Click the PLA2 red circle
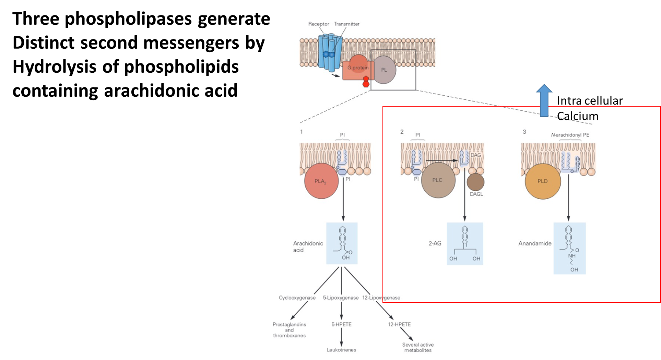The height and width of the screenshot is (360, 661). tap(321, 181)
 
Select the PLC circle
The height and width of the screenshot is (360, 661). tap(438, 180)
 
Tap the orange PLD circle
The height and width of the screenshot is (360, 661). tap(543, 181)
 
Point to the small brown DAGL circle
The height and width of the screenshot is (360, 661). tap(475, 182)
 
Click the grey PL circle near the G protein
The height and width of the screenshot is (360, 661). tap(384, 70)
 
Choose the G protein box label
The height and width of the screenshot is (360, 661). tap(358, 68)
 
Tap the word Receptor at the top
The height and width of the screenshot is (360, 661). tap(318, 24)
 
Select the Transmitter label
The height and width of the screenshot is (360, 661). tap(346, 24)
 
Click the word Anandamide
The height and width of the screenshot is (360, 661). tap(535, 243)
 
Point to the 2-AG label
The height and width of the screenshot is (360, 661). tap(435, 243)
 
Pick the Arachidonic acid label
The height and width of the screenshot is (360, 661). tap(308, 247)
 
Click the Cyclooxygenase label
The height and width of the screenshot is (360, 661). tap(297, 298)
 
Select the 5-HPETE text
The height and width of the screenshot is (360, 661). tap(341, 324)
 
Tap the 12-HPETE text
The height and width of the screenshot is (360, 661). tap(399, 324)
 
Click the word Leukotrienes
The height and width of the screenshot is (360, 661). tap(341, 350)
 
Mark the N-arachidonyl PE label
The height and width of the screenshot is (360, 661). tap(570, 135)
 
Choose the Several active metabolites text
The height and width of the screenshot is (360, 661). tap(418, 347)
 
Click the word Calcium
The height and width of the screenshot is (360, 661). tap(577, 116)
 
